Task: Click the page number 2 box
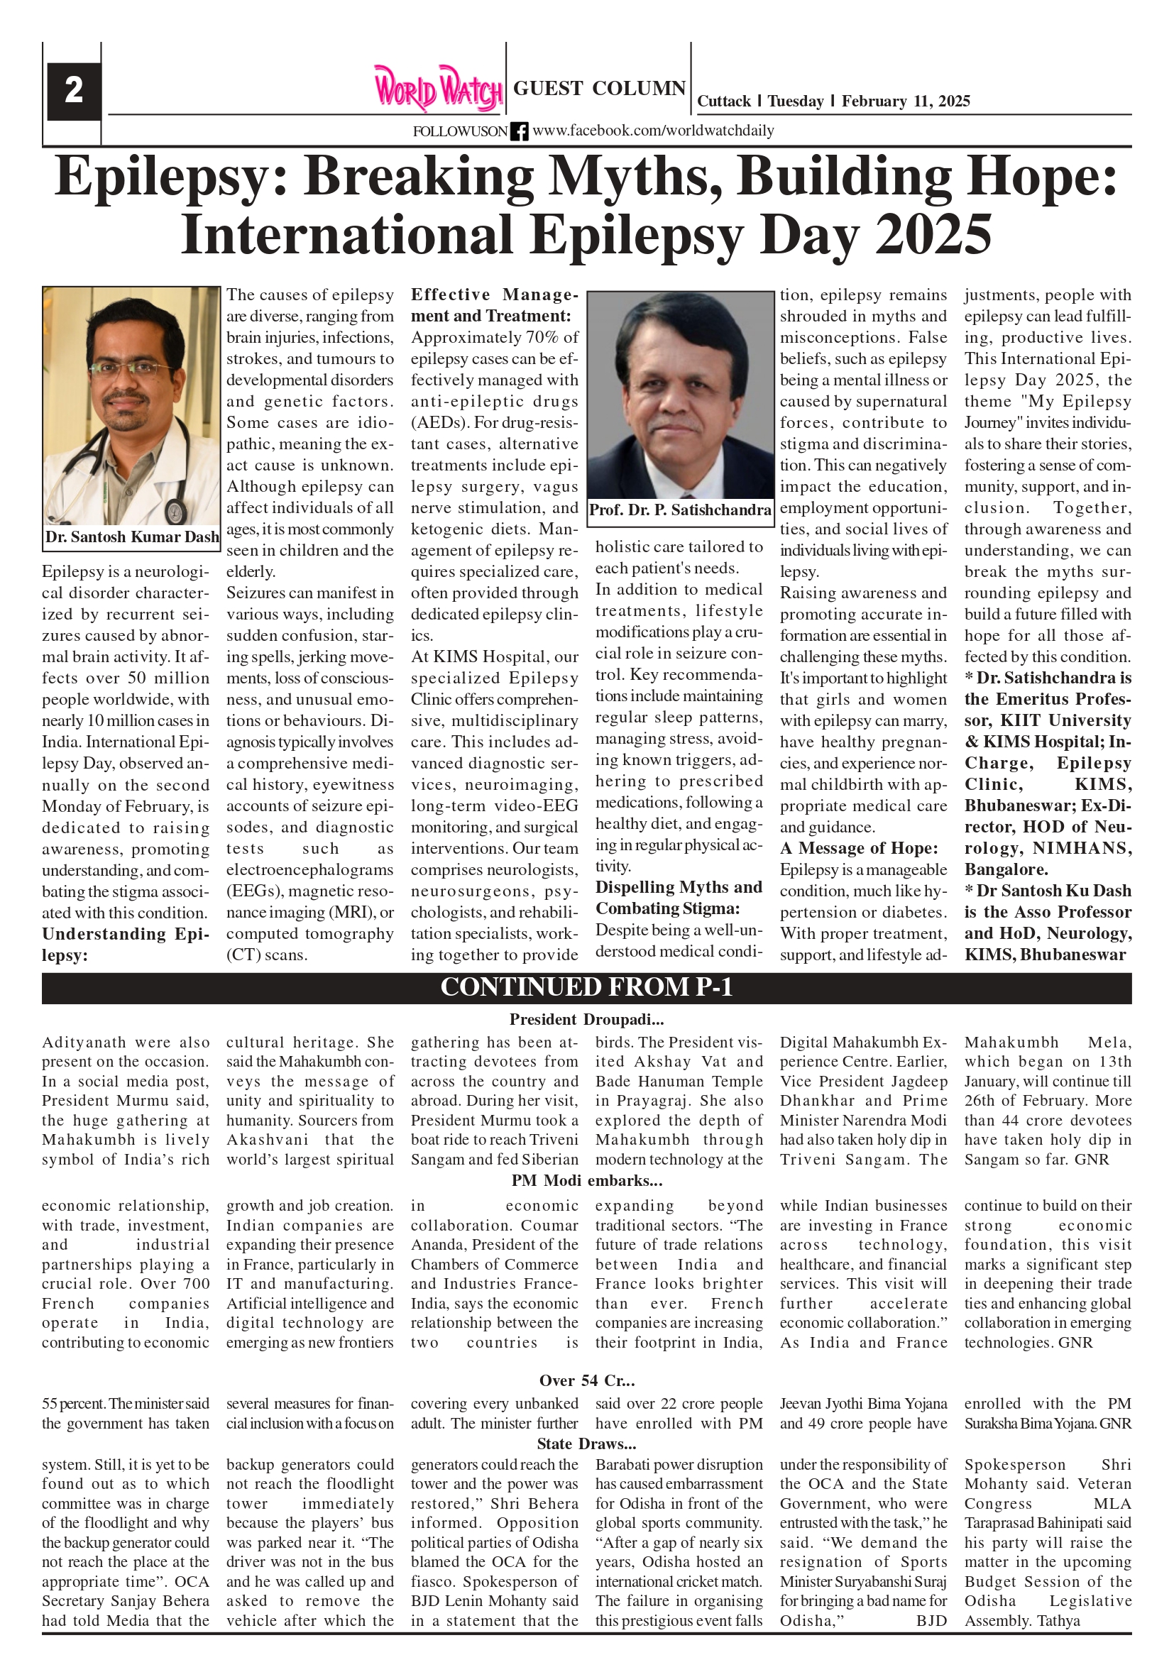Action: point(73,91)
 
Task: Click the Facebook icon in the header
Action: point(519,131)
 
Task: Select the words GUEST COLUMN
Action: point(599,89)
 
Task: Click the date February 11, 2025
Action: point(905,101)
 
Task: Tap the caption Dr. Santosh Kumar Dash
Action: point(131,537)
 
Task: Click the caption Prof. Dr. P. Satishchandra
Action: point(680,510)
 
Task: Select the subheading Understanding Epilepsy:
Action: point(125,945)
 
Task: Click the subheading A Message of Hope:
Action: point(858,848)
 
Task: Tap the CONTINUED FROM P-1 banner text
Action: point(586,986)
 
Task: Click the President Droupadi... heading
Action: point(586,1019)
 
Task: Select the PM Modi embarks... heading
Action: point(586,1180)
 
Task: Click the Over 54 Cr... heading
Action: point(586,1380)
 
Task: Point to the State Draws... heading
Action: point(586,1444)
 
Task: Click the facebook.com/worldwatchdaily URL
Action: point(653,131)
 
